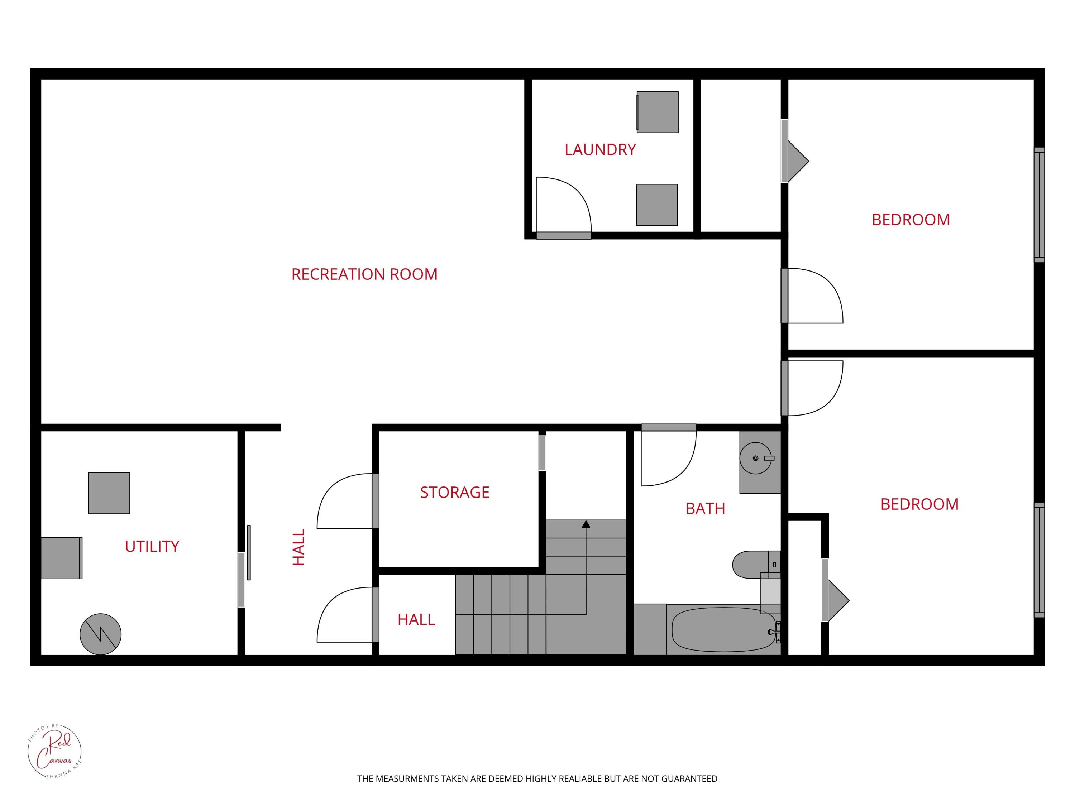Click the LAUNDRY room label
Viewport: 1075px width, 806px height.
600,150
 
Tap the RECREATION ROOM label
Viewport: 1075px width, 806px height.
364,274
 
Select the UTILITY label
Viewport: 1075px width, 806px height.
152,547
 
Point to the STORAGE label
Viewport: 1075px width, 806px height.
455,493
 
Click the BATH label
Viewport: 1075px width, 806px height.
705,509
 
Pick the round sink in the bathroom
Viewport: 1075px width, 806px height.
756,458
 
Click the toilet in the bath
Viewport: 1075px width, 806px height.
756,565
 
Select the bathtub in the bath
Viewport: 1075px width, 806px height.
723,629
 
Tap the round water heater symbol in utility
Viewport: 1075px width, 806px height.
101,634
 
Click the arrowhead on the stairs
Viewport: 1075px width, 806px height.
586,524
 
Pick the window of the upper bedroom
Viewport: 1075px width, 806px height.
1039,205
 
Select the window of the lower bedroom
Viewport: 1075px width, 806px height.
1039,560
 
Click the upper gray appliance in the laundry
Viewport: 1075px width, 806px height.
658,112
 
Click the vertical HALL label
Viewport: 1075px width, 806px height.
298,547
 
